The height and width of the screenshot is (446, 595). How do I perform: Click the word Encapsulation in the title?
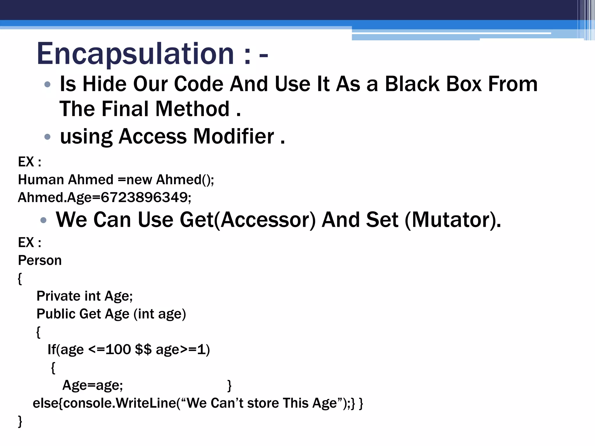tap(135, 54)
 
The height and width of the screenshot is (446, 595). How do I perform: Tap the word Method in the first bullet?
tap(192, 109)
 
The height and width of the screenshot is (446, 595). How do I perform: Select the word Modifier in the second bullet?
tap(233, 136)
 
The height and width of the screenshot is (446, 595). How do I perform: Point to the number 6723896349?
tap(144, 197)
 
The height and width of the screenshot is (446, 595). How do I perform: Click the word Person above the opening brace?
tap(40, 260)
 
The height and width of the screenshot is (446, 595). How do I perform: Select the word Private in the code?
tap(58, 296)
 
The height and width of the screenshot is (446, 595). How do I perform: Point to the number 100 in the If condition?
tap(118, 349)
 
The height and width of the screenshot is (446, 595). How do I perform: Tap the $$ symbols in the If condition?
tap(143, 349)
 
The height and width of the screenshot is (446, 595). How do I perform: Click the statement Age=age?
tap(93, 385)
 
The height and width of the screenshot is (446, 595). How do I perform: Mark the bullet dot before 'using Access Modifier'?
tap(47, 136)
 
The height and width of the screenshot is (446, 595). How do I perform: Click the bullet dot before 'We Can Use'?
tap(44, 220)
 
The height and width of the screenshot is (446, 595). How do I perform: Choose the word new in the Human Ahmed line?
tap(139, 179)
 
